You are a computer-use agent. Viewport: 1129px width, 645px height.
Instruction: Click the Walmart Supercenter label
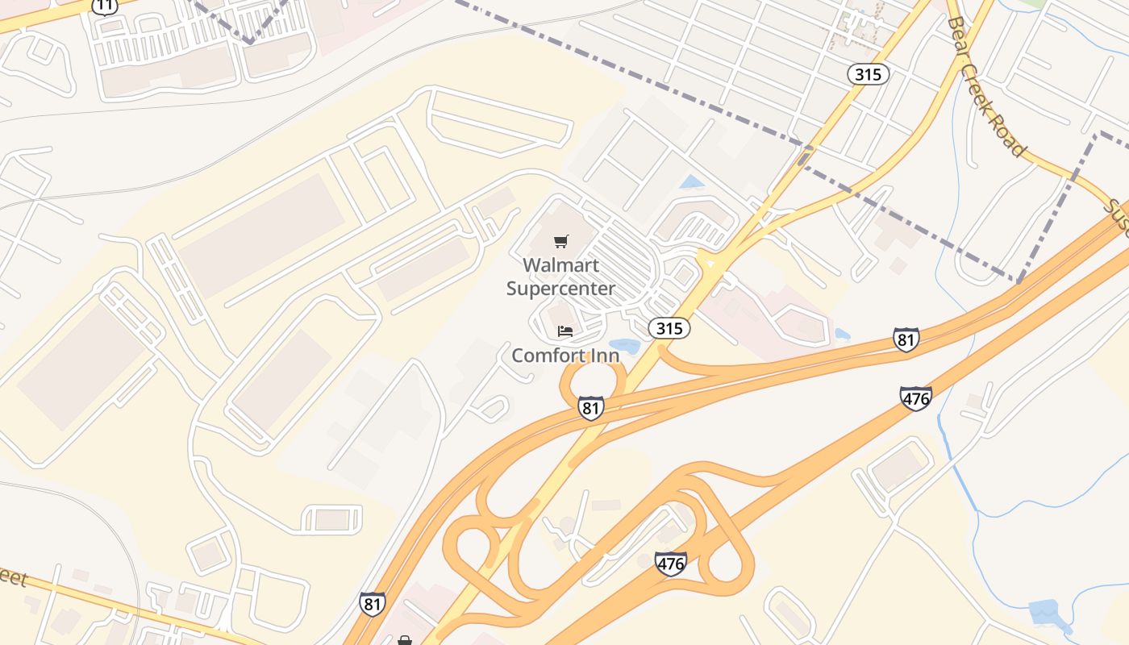560,277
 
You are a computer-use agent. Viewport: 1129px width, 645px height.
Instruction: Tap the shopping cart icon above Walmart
561,241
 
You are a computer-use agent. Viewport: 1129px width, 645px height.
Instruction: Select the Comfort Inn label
565,356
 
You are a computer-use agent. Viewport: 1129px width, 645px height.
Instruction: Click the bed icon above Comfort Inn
565,331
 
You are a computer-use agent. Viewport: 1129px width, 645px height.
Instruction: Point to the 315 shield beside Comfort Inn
669,328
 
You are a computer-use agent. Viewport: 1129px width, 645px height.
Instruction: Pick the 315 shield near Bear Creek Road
868,75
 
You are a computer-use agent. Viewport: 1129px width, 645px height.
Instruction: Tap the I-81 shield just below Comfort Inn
591,408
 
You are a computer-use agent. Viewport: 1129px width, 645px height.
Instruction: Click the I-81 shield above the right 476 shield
906,339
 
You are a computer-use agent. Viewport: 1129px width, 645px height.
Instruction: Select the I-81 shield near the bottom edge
372,604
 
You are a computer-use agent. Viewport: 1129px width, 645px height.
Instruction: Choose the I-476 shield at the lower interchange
671,564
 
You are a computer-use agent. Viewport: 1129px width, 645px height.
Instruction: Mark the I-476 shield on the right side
916,398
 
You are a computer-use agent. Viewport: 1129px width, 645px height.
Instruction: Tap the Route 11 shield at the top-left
104,6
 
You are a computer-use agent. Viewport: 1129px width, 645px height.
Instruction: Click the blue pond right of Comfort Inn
624,347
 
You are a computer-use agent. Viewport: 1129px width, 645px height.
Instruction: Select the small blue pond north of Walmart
691,182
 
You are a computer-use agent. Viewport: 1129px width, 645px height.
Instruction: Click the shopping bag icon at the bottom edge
405,640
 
